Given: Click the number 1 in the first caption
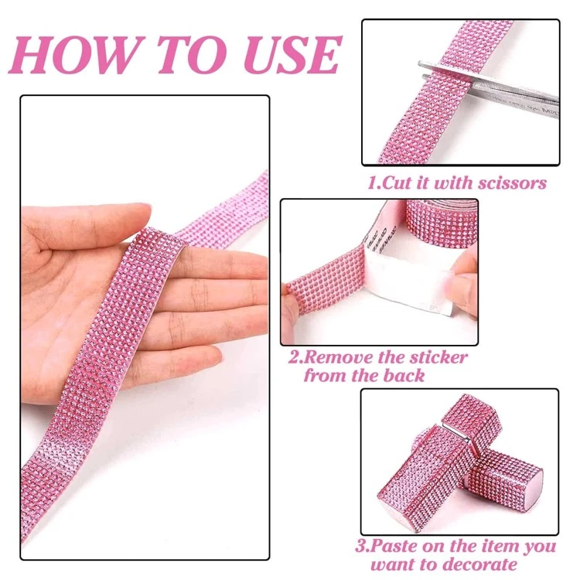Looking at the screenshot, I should [x=371, y=183].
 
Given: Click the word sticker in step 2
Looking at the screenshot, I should [x=440, y=359].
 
